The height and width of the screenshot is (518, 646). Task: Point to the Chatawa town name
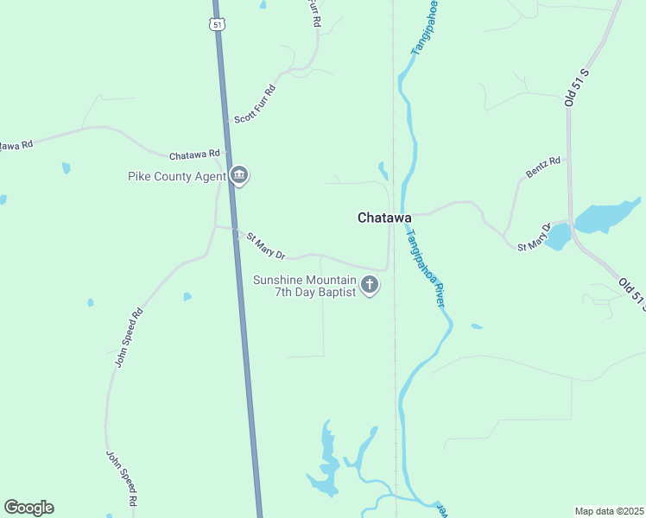tap(384, 218)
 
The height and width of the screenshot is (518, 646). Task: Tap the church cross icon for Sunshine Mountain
tap(370, 285)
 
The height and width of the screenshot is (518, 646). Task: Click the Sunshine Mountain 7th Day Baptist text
tap(304, 286)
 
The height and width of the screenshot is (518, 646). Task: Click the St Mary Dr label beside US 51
tap(265, 246)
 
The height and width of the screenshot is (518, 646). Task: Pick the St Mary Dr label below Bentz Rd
tap(534, 239)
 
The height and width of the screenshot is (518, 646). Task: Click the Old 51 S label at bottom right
tap(633, 294)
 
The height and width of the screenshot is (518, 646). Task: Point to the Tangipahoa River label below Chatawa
tap(426, 268)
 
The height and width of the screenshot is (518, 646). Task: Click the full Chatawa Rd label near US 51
tap(194, 155)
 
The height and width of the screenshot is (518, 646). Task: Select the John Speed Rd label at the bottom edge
tap(122, 477)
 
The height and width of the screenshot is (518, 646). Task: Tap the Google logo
tap(28, 508)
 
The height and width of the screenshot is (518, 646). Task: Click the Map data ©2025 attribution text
tap(609, 511)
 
